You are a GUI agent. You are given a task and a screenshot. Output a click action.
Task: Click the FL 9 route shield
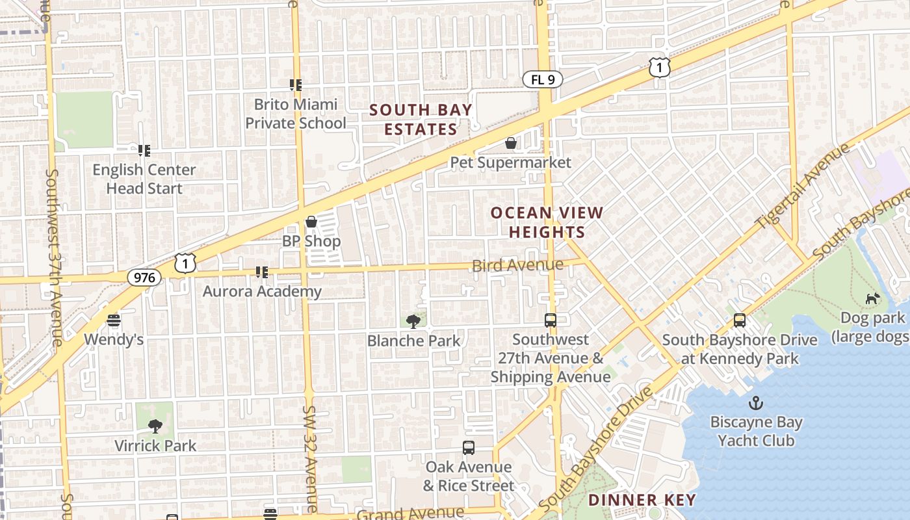tap(542, 80)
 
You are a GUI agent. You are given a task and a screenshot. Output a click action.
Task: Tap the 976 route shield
tap(144, 278)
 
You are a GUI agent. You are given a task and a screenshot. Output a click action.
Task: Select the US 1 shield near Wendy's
tap(185, 263)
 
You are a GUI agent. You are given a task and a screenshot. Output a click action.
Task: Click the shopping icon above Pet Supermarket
tap(511, 143)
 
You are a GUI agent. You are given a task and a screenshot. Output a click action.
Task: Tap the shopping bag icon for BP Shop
tap(311, 222)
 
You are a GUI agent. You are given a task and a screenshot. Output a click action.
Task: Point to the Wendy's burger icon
tap(114, 320)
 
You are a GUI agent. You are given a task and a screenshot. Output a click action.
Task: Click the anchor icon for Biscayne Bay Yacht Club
tap(756, 403)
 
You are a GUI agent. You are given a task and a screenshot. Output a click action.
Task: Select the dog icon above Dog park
tap(872, 298)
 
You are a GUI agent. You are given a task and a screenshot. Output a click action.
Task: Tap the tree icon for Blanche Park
tap(413, 321)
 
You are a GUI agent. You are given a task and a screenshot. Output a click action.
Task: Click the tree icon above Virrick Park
tap(155, 426)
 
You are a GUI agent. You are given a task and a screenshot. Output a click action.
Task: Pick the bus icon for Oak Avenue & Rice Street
tap(468, 447)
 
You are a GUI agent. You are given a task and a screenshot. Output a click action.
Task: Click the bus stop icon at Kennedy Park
tap(739, 320)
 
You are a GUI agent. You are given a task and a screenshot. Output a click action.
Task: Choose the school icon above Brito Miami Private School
tap(296, 84)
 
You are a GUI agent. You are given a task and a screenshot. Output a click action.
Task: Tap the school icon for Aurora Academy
tap(262, 272)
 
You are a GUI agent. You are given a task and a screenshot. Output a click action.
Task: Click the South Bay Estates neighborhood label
tap(421, 120)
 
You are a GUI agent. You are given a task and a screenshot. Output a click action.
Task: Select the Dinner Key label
tap(642, 500)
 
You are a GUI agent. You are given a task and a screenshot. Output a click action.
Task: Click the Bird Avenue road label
tap(517, 265)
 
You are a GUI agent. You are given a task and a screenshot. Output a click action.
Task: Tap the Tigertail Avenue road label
tap(802, 185)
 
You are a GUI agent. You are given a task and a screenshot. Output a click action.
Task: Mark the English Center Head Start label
tap(144, 179)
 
